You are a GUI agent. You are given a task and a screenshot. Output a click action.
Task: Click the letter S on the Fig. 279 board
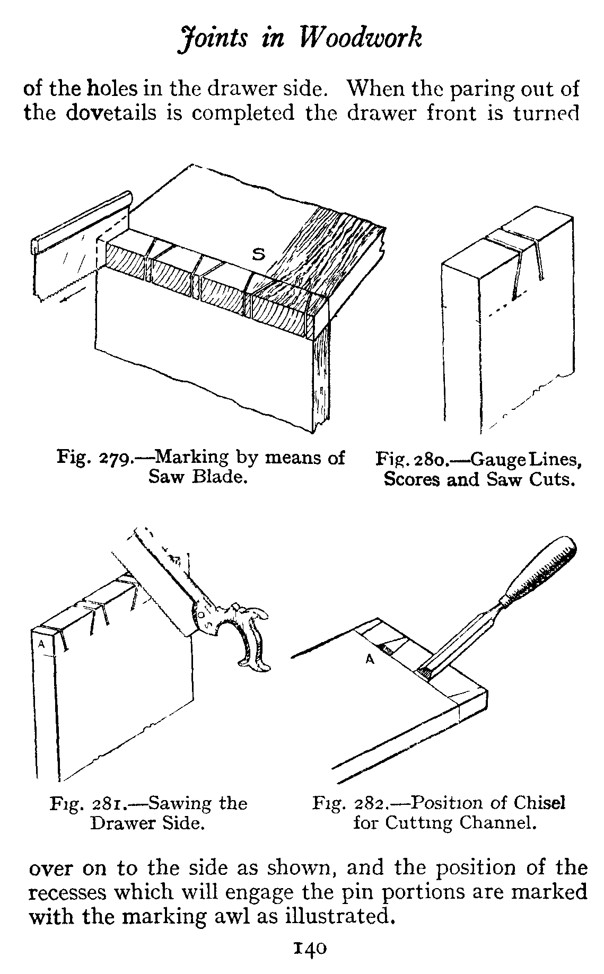[258, 255]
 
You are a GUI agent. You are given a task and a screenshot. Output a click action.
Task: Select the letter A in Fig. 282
[370, 660]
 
